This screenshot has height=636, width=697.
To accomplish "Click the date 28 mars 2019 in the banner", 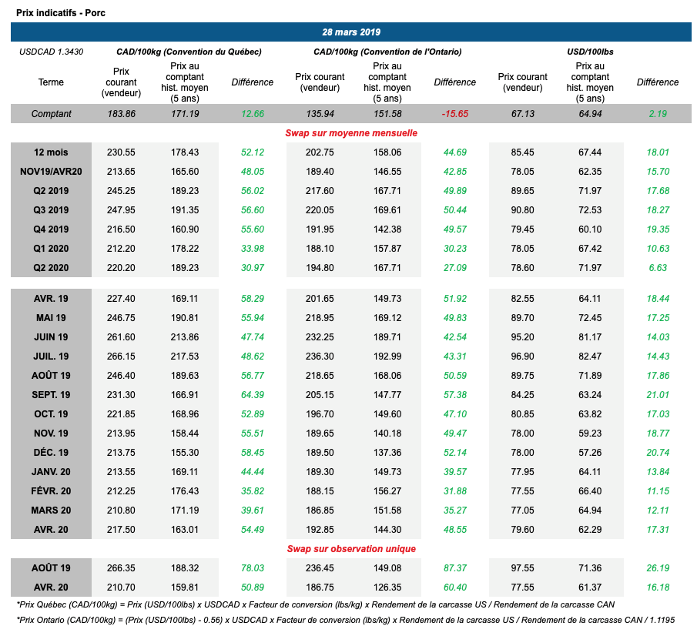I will click(x=350, y=32).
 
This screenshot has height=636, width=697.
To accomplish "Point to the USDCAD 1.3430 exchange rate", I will click(x=51, y=52).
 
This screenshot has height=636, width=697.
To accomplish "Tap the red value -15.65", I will click(x=455, y=114).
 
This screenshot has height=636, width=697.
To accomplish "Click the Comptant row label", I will click(x=52, y=114).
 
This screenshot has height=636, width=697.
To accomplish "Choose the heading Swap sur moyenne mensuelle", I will click(x=351, y=133).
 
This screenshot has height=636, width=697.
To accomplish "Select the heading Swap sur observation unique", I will click(x=351, y=549).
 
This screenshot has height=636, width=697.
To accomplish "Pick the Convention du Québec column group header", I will click(x=189, y=52).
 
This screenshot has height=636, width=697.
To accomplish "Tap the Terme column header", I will click(x=52, y=82).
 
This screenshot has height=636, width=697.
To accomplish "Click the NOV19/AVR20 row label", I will click(x=52, y=172).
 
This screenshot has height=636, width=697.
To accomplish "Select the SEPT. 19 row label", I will click(x=52, y=394).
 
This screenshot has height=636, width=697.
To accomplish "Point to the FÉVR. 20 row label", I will click(x=52, y=490).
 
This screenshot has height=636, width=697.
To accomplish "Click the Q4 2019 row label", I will click(x=52, y=229).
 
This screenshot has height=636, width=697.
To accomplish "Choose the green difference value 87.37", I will click(x=455, y=567).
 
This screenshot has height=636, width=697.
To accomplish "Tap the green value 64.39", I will click(x=253, y=394).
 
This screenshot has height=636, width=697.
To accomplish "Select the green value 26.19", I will click(x=658, y=567).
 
